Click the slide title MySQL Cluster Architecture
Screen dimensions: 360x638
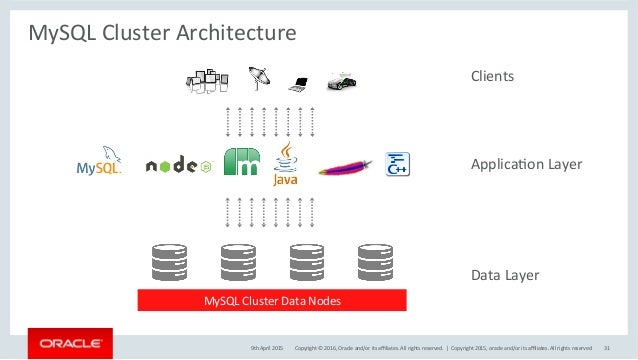[161, 34]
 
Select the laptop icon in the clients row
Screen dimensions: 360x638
[297, 82]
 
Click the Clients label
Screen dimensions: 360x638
[492, 76]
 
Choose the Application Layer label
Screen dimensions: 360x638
[526, 164]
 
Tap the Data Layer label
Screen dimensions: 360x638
[505, 274]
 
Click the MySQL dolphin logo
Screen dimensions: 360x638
[100, 162]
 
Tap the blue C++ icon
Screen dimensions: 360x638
[398, 164]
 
